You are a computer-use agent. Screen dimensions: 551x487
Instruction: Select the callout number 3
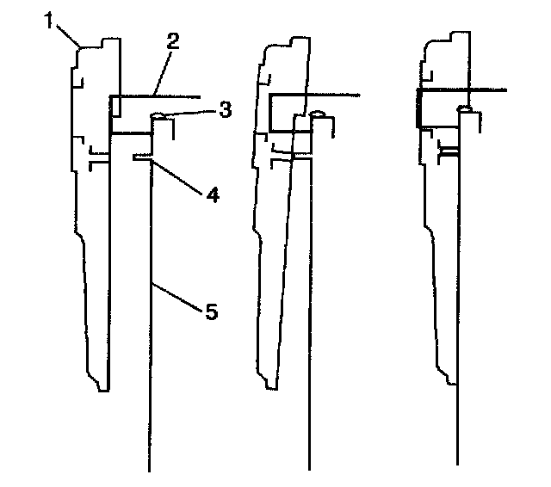tap(224, 109)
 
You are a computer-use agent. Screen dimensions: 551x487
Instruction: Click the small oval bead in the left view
tap(158, 116)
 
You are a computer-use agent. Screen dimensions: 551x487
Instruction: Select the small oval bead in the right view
tap(464, 109)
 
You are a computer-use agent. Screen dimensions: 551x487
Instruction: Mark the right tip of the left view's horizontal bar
tap(200, 96)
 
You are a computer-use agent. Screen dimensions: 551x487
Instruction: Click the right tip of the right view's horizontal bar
tap(508, 89)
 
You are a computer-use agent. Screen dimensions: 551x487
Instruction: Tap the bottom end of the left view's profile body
tap(102, 390)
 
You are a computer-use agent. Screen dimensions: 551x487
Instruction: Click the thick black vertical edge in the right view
tap(418, 108)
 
